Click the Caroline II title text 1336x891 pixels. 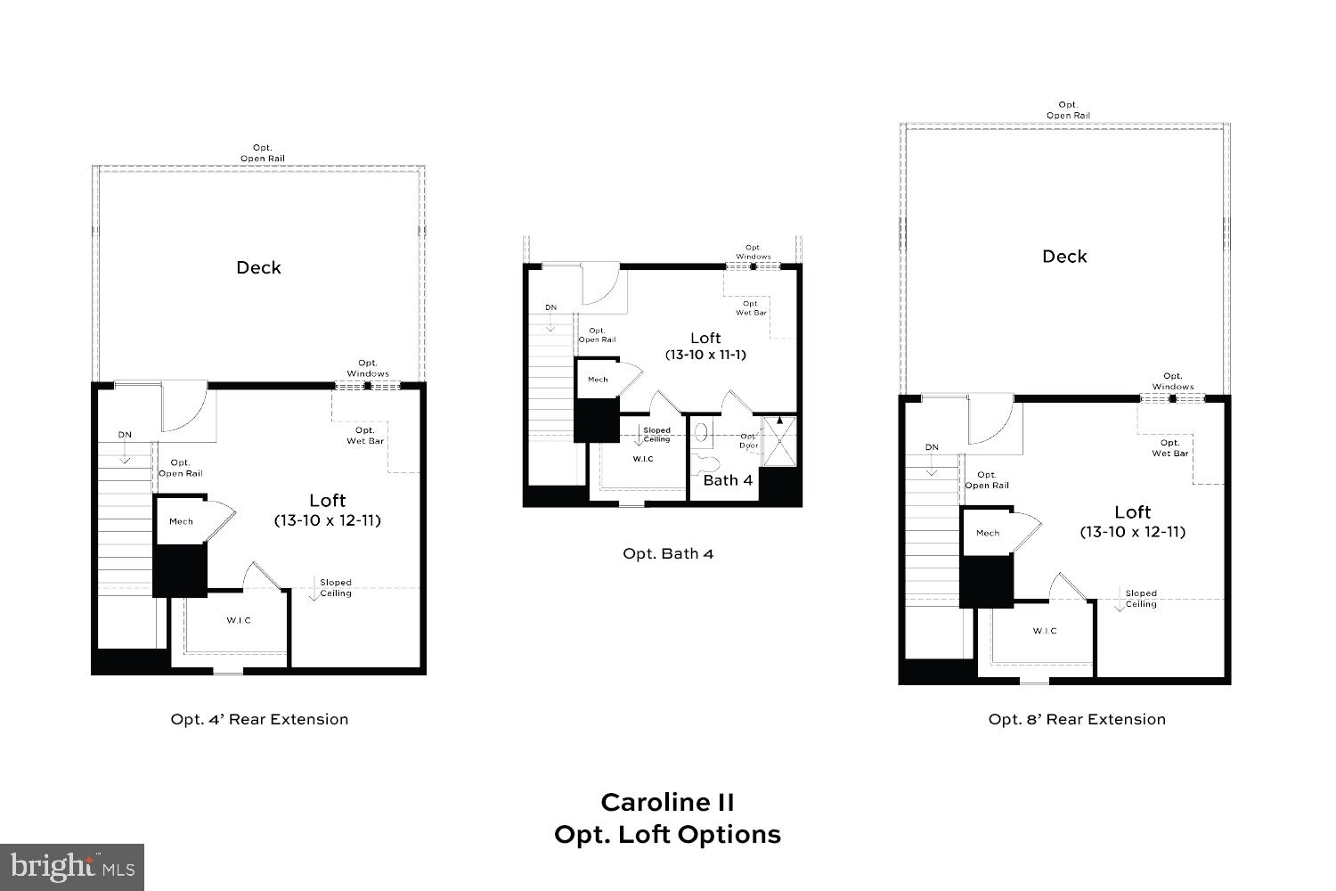[667, 802]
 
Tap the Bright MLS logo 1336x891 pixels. [72, 867]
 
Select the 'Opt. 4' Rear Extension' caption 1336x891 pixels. [259, 719]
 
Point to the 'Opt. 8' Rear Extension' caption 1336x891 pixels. [1077, 719]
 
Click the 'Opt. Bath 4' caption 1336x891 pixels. [668, 553]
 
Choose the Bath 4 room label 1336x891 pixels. [728, 480]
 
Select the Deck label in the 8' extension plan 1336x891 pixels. [1064, 257]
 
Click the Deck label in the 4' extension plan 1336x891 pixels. [258, 267]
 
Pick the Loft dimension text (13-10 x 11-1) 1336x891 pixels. [705, 355]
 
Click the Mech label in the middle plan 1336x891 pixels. [598, 380]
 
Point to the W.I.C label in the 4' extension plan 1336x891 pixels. [239, 620]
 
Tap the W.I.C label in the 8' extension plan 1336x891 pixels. [1045, 631]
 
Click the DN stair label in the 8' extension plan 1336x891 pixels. [932, 447]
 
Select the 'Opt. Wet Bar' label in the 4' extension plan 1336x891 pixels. [365, 436]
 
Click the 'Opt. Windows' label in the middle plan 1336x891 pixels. [754, 252]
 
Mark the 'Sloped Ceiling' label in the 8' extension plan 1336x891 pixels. [1141, 599]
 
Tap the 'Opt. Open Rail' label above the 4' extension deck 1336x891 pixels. [262, 153]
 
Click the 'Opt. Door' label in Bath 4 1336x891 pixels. [748, 441]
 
